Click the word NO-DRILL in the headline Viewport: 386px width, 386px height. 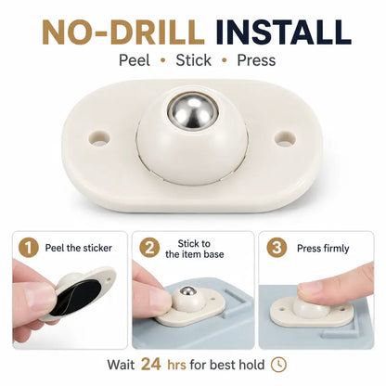[x=123, y=32]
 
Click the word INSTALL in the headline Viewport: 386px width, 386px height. [x=283, y=32]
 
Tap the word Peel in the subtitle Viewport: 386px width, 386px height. [x=135, y=60]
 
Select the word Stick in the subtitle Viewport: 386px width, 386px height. [x=194, y=60]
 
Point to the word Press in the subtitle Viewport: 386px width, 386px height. [x=256, y=60]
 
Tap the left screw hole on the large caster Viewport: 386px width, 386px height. [x=99, y=137]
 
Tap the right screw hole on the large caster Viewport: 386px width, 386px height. [x=285, y=138]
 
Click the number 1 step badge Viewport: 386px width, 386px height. [x=29, y=248]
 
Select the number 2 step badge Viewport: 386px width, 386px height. [x=149, y=248]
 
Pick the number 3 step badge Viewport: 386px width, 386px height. [x=277, y=248]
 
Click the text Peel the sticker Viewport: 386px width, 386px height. [x=79, y=248]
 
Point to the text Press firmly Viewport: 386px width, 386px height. [x=323, y=249]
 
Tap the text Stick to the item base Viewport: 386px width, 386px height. [x=195, y=249]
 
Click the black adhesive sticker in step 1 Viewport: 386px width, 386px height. [x=77, y=296]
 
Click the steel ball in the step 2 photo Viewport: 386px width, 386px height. [x=188, y=290]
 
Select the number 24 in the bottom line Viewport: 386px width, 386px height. [x=151, y=364]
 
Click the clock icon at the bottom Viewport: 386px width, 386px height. [x=278, y=365]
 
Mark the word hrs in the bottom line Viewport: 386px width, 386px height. [x=176, y=365]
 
